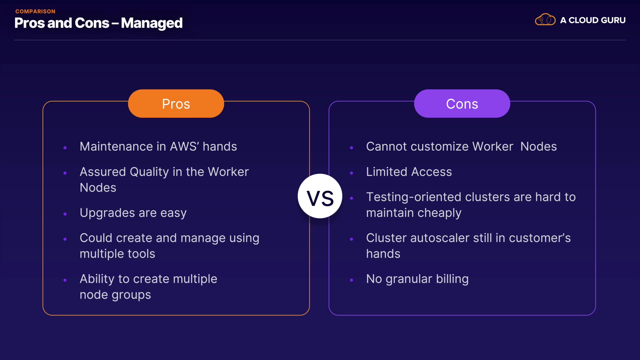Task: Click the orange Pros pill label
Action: click(x=176, y=103)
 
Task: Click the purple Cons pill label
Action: click(x=462, y=103)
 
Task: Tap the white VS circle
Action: click(x=320, y=196)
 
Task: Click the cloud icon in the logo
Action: click(x=545, y=20)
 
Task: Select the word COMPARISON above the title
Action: click(x=35, y=11)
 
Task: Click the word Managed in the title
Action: click(x=152, y=23)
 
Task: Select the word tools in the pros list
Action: click(x=141, y=254)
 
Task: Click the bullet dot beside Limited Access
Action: click(x=351, y=173)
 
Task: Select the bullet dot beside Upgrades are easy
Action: click(x=65, y=214)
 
